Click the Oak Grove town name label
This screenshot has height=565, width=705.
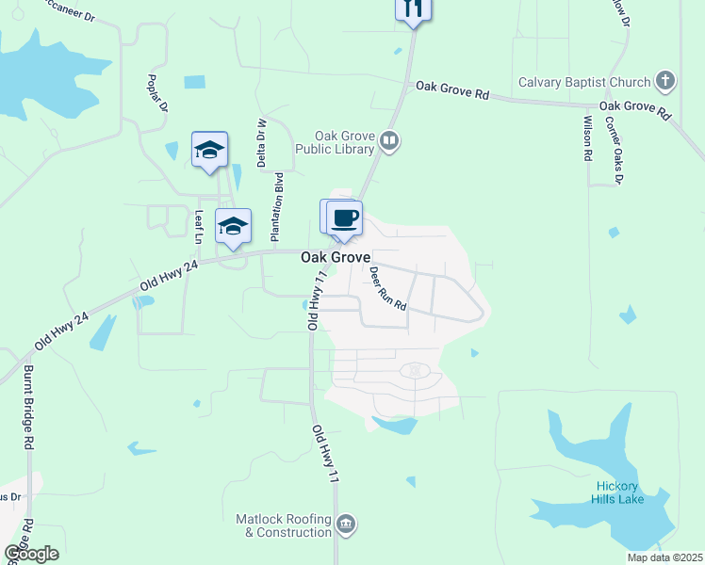pyautogui.click(x=336, y=257)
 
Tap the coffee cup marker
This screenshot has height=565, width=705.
pyautogui.click(x=346, y=218)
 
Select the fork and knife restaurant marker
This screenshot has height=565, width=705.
pyautogui.click(x=412, y=8)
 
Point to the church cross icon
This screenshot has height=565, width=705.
pyautogui.click(x=665, y=81)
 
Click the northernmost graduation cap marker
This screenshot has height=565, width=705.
pyautogui.click(x=209, y=150)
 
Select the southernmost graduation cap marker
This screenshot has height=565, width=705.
pyautogui.click(x=233, y=227)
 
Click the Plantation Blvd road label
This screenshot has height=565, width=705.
pyautogui.click(x=277, y=204)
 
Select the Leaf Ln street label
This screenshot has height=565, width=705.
pyautogui.click(x=199, y=227)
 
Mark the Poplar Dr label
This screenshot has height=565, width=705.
pyautogui.click(x=156, y=92)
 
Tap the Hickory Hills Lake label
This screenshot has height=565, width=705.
pyautogui.click(x=619, y=492)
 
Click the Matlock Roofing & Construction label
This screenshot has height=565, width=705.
pyautogui.click(x=285, y=525)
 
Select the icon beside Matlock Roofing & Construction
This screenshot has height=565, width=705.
pyautogui.click(x=346, y=523)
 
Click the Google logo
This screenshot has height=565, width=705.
pyautogui.click(x=31, y=554)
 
